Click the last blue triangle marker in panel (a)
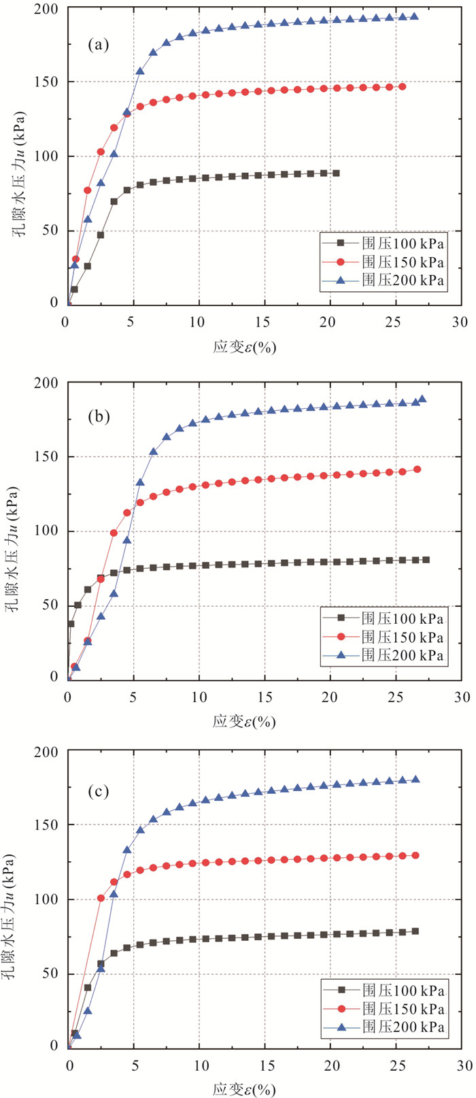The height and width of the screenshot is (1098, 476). point(414,16)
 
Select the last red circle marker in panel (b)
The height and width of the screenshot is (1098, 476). point(417,469)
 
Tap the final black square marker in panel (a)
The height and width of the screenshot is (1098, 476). point(336,173)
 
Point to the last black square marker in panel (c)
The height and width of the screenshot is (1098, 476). point(415,931)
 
